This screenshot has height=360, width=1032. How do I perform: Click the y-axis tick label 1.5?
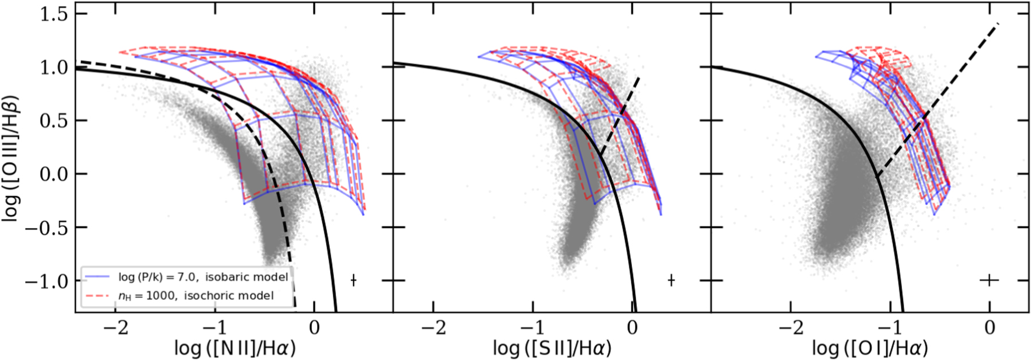pos(54,14)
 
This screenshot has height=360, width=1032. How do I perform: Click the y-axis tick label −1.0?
pos(47,281)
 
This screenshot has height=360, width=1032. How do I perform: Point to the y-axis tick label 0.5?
pos(54,121)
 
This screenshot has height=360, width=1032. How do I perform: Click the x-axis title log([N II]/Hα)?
pos(236,348)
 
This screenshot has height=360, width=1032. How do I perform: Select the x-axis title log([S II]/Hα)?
pos(552,348)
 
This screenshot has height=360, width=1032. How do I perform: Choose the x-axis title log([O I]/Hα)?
pos(870,348)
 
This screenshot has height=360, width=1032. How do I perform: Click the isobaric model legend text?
pos(203,277)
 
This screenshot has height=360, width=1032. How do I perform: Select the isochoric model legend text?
pos(196,296)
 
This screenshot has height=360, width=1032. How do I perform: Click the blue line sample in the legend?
pos(97,277)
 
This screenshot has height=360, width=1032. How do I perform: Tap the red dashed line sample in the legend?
pos(97,296)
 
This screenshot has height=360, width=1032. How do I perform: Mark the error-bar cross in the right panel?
pos(990,280)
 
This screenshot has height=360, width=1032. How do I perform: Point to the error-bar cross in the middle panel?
pos(671,280)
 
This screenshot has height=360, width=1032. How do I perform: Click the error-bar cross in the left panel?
pos(354,280)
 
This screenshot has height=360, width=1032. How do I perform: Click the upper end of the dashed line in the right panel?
pos(998,24)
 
